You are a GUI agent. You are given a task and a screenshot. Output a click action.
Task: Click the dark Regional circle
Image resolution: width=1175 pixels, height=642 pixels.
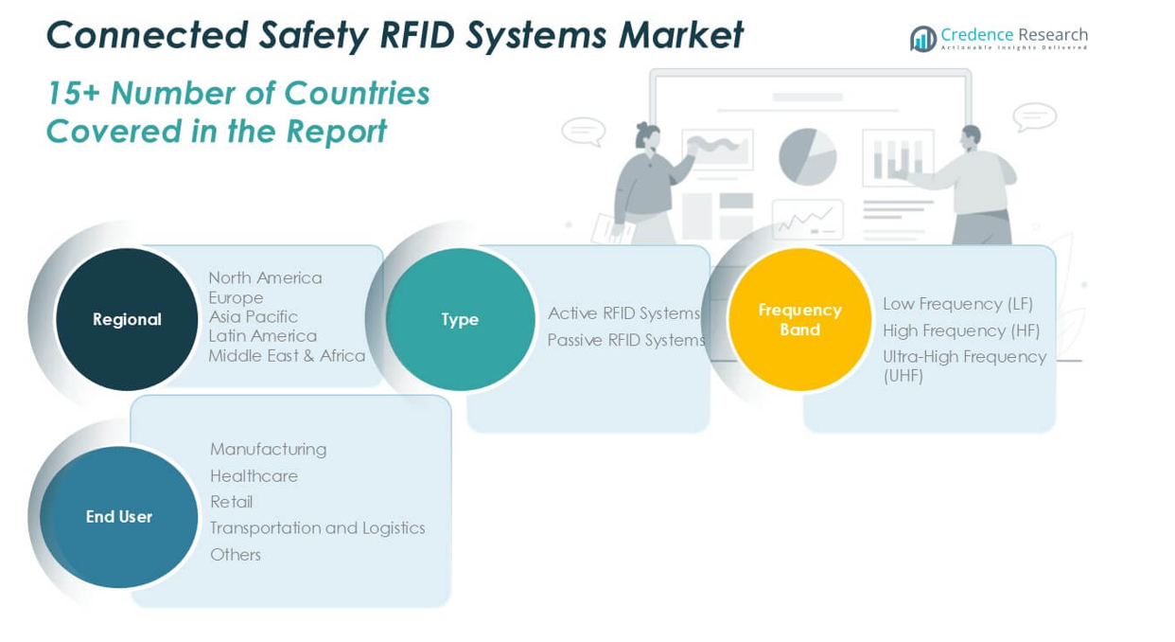pyautogui.click(x=127, y=319)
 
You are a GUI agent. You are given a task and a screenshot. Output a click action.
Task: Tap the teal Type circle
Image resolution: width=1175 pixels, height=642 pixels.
pyautogui.click(x=460, y=319)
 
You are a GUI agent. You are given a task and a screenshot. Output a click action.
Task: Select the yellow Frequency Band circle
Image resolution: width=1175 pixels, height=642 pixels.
pyautogui.click(x=799, y=319)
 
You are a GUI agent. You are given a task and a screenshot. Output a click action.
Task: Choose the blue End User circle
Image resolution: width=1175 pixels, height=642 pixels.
pyautogui.click(x=119, y=516)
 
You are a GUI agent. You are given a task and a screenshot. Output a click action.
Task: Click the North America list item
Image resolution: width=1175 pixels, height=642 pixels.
pyautogui.click(x=265, y=277)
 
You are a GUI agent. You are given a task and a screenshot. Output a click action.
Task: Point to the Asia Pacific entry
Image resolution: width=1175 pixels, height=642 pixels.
pyautogui.click(x=253, y=316)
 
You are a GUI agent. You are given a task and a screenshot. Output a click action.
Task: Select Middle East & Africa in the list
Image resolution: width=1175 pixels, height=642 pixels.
pyautogui.click(x=287, y=356)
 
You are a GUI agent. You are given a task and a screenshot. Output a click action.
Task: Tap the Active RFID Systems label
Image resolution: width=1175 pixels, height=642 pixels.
pyautogui.click(x=623, y=313)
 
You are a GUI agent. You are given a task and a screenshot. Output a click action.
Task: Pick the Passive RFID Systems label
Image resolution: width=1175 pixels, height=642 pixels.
pyautogui.click(x=626, y=340)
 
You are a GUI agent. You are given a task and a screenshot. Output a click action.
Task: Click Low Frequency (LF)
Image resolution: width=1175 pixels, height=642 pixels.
pyautogui.click(x=957, y=304)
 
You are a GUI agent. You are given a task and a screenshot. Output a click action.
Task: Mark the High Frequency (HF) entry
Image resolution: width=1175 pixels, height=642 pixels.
pyautogui.click(x=961, y=330)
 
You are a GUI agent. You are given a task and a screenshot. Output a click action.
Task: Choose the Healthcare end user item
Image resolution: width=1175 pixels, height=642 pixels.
pyautogui.click(x=254, y=475)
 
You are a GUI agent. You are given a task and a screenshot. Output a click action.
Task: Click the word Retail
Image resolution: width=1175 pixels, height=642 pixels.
pyautogui.click(x=231, y=502)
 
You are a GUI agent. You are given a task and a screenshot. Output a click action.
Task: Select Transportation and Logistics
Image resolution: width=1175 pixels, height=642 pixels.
pyautogui.click(x=317, y=527)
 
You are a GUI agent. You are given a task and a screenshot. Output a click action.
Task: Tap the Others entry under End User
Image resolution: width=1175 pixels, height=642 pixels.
pyautogui.click(x=235, y=555)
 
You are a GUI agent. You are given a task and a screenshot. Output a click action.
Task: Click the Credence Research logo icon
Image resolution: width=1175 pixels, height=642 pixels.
pyautogui.click(x=922, y=39)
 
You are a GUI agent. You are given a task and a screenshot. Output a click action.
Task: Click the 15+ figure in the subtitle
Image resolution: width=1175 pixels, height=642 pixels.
pyautogui.click(x=73, y=94)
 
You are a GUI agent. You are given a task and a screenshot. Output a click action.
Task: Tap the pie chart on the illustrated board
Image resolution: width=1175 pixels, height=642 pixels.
pyautogui.click(x=807, y=156)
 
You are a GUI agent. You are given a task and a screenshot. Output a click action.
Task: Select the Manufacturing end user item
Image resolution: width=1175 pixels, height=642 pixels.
pyautogui.click(x=268, y=449)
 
